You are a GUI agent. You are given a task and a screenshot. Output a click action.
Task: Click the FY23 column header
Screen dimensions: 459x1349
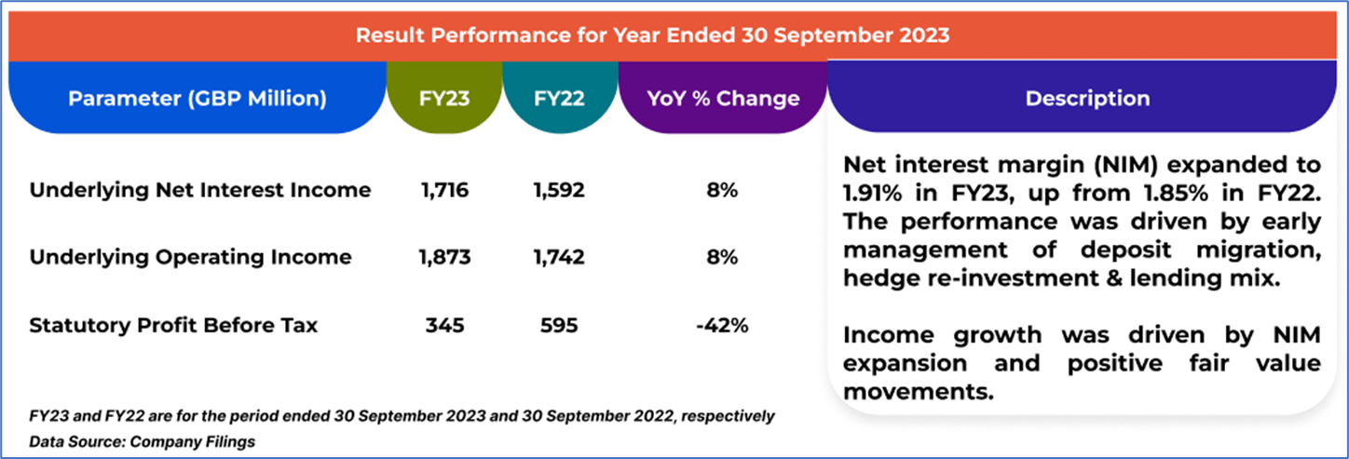(444, 99)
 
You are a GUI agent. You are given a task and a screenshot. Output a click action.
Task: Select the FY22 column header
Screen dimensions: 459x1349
(560, 99)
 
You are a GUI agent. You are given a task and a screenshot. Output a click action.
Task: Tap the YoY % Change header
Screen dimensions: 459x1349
(723, 99)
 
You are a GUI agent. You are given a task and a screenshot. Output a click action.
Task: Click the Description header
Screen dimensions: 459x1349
(1087, 99)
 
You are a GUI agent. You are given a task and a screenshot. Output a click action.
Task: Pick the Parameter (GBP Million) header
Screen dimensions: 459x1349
(198, 99)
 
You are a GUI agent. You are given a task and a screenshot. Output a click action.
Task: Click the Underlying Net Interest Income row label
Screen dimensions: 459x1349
(200, 191)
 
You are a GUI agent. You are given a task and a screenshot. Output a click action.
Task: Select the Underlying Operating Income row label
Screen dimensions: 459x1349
(191, 258)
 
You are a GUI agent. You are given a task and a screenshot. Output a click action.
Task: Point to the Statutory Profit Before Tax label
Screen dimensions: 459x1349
(174, 326)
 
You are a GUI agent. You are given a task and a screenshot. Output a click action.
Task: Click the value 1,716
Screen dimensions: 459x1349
(444, 191)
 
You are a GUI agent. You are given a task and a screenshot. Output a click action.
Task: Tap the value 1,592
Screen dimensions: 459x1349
(559, 191)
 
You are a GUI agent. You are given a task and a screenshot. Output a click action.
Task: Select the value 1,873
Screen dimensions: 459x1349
(444, 258)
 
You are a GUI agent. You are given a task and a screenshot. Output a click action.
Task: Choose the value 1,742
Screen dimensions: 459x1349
(559, 258)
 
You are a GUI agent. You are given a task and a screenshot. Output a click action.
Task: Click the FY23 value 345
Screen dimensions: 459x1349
(444, 326)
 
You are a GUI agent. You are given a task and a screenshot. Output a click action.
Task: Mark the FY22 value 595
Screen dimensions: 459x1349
(559, 326)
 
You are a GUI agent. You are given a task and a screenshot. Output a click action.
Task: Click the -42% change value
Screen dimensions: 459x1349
(723, 326)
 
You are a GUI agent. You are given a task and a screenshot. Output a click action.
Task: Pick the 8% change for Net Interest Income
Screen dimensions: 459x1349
(723, 191)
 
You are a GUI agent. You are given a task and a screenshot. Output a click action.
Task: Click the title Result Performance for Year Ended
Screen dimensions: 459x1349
(653, 36)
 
